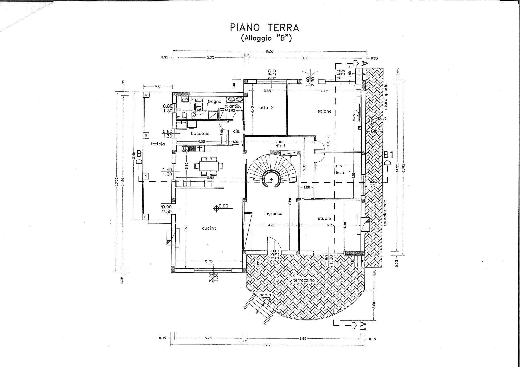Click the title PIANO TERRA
click(264, 28)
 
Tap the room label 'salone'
click(324, 111)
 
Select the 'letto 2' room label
click(266, 108)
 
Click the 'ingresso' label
click(273, 214)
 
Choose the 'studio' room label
click(324, 218)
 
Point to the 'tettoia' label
click(158, 144)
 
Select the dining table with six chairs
click(209, 166)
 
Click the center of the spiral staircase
click(272, 179)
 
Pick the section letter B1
click(389, 154)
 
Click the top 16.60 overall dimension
click(269, 51)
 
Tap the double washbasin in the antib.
click(235, 99)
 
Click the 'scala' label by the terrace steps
click(265, 295)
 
